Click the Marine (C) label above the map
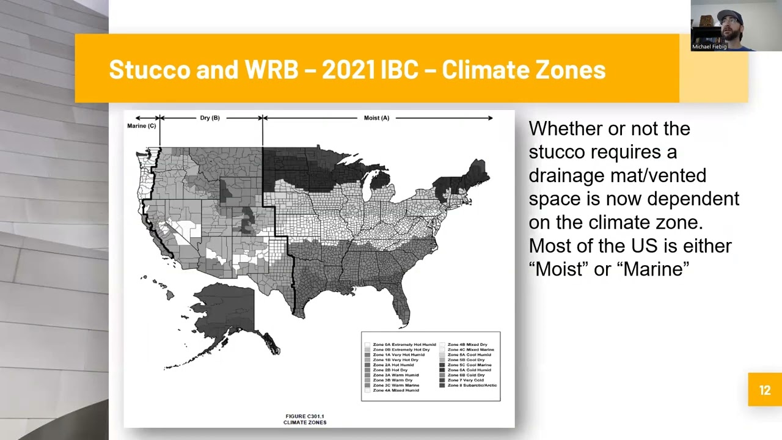tap(141, 126)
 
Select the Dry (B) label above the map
tap(210, 118)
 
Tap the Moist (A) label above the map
tap(376, 118)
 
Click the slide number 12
tap(764, 390)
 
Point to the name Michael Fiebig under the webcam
tap(709, 46)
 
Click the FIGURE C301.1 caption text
tap(304, 417)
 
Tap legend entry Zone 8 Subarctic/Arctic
tap(472, 385)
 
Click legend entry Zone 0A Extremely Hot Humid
tap(404, 345)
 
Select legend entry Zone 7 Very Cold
tap(465, 380)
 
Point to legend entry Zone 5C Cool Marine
tap(469, 365)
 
